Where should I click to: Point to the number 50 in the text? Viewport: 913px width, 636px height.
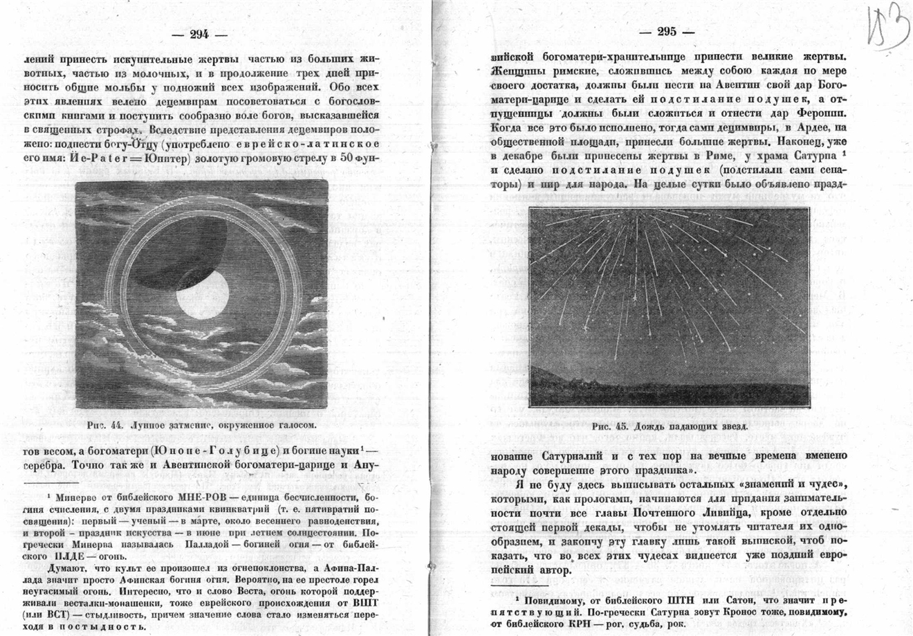(347, 158)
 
